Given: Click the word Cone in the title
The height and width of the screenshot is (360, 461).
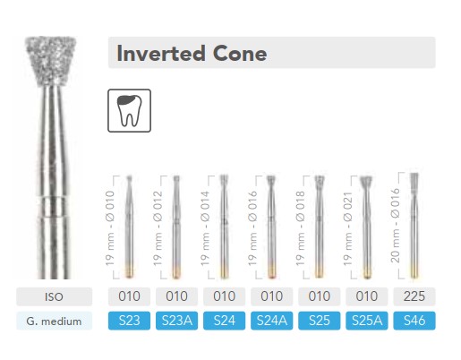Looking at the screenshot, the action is click(x=240, y=54).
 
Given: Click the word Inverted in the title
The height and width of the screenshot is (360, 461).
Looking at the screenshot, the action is click(x=161, y=54).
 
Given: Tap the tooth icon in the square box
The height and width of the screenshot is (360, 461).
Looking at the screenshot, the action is click(x=129, y=110).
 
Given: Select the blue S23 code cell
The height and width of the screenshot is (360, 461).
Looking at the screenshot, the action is click(x=129, y=321).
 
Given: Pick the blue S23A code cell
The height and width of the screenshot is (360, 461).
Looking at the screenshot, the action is click(x=176, y=321).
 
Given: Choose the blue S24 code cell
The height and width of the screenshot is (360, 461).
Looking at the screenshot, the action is click(x=224, y=321).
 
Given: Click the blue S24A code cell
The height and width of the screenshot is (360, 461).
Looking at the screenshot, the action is click(x=271, y=321).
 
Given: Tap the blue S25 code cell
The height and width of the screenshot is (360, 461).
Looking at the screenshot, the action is click(x=319, y=321).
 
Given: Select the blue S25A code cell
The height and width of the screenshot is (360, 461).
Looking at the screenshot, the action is click(x=367, y=321).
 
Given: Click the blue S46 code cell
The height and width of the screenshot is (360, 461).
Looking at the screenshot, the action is click(x=414, y=321).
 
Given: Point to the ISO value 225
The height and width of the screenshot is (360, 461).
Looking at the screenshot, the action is click(x=414, y=296).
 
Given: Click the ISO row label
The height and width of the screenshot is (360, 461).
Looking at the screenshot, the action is click(x=54, y=296).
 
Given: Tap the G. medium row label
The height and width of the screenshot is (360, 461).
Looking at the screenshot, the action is click(x=54, y=321).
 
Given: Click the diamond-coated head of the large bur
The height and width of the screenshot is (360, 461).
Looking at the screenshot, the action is click(x=50, y=61).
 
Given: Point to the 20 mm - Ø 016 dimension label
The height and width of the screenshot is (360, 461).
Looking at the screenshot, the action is click(x=395, y=226).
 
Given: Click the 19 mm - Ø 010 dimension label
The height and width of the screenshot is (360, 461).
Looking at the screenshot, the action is click(x=109, y=228).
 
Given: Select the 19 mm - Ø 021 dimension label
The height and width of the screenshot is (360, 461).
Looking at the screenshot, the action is click(x=347, y=228).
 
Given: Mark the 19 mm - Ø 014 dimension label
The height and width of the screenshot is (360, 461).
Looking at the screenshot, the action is click(x=205, y=228).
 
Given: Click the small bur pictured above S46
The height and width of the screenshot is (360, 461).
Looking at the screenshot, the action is click(x=414, y=226).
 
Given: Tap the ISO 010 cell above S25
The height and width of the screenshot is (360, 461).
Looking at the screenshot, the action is click(x=319, y=296).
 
